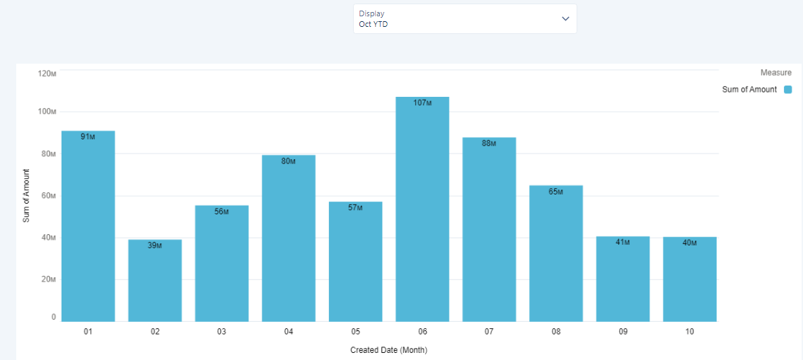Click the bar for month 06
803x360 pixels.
pos(422,212)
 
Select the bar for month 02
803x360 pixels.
pos(155,283)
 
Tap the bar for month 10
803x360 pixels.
pos(690,283)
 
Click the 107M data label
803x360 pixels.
pos(422,103)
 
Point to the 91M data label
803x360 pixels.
pos(88,137)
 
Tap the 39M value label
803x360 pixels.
pos(155,245)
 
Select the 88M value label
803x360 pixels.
pos(489,143)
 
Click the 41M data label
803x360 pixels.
pos(623,242)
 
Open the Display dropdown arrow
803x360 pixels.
pos(565,18)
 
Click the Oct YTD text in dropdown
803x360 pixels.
pos(374,24)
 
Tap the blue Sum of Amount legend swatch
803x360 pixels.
pos(787,90)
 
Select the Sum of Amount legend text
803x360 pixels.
pos(749,90)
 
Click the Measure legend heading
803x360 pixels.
pos(776,73)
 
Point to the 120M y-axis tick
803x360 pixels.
pos(47,73)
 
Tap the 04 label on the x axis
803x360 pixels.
pos(289,332)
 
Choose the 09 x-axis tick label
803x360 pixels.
pos(623,332)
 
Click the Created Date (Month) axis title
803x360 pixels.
pos(388,350)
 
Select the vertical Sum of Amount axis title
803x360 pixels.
pos(26,196)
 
